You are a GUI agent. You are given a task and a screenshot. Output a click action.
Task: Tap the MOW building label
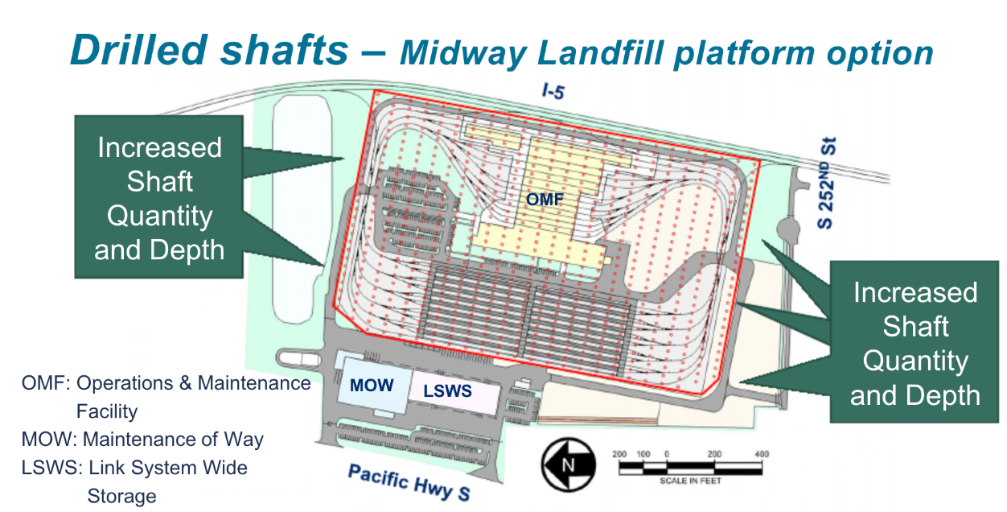[x=372, y=386]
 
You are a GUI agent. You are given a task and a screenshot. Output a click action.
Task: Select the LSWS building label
[x=447, y=392]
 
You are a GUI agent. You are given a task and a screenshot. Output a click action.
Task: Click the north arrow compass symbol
[x=568, y=465]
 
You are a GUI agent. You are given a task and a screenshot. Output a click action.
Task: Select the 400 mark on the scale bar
[x=761, y=454]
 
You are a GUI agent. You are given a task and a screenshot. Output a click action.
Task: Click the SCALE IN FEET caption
[x=690, y=481]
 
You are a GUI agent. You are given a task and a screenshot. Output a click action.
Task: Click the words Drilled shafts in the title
[x=211, y=50]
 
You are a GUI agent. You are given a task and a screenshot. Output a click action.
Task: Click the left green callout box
[x=159, y=199]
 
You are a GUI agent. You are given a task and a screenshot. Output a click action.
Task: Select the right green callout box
[x=915, y=343]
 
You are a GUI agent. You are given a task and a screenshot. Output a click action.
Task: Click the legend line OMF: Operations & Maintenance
[x=166, y=383]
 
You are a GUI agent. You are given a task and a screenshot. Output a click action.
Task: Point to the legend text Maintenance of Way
[x=173, y=440]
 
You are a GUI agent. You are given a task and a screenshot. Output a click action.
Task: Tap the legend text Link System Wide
[x=168, y=468]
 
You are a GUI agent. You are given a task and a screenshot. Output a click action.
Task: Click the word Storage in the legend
[x=121, y=495]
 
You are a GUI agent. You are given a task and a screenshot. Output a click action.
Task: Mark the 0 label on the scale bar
[x=667, y=454]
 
